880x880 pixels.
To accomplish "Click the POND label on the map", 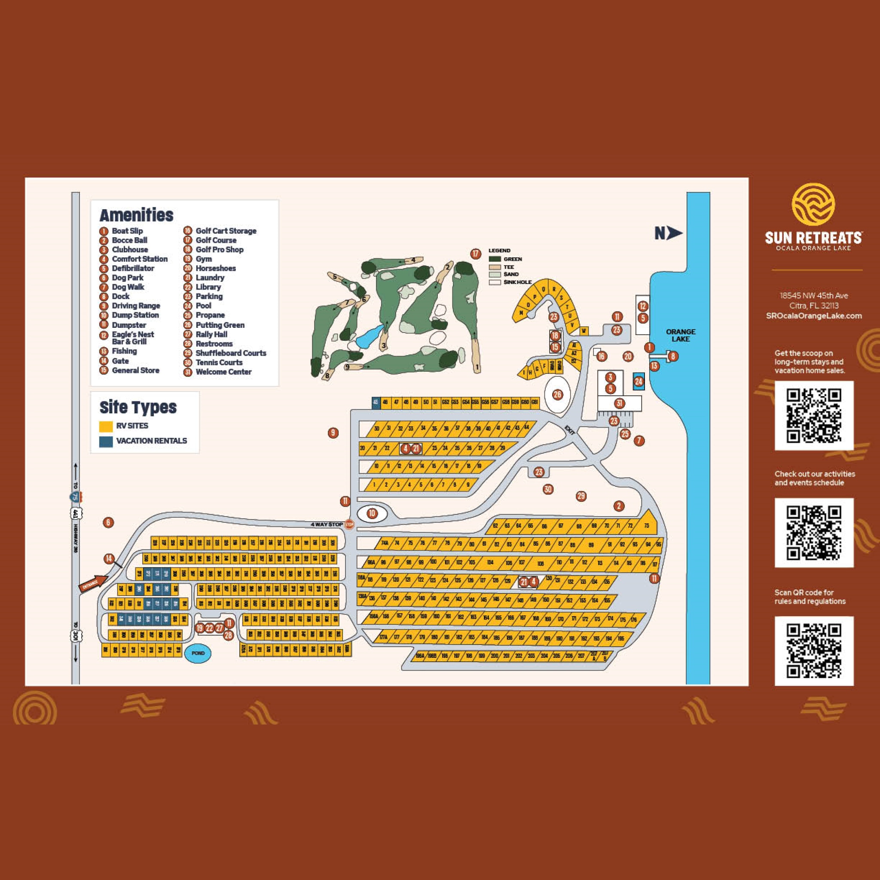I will [198, 653].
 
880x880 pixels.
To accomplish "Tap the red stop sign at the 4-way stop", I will [349, 525].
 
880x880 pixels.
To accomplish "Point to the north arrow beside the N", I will [674, 233].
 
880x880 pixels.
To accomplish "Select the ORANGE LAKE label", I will [681, 335].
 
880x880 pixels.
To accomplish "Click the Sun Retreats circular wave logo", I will [813, 205].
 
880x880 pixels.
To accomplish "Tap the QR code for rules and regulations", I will [814, 651].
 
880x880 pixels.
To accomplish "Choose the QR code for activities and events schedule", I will [814, 532].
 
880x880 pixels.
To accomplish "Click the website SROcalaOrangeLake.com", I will [814, 316].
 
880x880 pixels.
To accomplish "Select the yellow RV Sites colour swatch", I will [106, 426].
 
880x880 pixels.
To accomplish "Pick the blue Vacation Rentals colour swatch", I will [106, 441].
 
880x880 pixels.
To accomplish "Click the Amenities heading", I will [136, 215].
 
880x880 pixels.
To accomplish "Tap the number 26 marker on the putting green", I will [557, 395].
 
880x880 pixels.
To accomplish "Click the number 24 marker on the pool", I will [639, 382].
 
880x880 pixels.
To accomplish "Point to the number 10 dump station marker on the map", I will [372, 514].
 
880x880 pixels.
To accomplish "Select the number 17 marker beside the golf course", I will [476, 254].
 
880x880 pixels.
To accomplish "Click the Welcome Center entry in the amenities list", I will [223, 372].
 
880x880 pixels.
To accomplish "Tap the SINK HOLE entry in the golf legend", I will [517, 282].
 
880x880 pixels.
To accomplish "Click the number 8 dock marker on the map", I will [673, 356].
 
